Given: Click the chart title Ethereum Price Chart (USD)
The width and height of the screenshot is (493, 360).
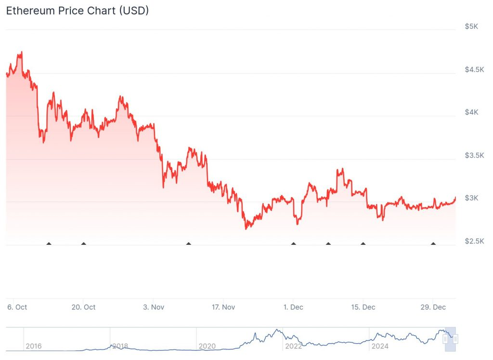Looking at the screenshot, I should tap(77, 11).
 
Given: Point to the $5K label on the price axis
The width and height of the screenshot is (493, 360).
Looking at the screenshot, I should tap(471, 27).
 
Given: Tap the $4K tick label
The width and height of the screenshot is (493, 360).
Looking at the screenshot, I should tap(471, 112).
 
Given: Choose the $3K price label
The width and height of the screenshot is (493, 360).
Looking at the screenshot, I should tap(471, 198).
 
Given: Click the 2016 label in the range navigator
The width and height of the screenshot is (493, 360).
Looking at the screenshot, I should tap(33, 346).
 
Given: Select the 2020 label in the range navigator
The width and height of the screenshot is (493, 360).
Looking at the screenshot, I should tap(207, 346).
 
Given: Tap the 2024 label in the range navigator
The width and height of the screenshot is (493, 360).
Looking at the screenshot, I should tap(379, 346).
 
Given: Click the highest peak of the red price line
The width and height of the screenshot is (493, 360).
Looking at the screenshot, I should tap(21, 52).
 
